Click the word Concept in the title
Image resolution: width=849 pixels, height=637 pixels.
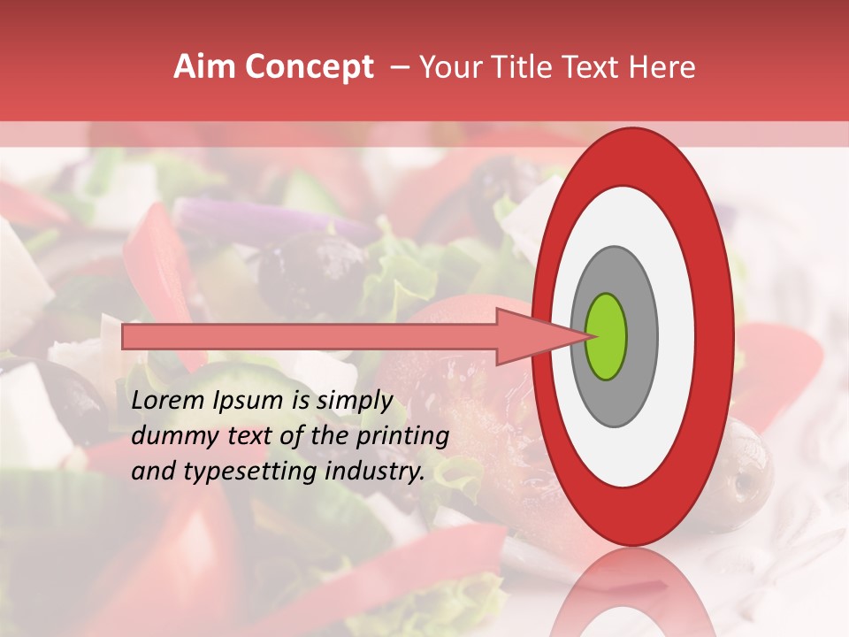(x=310, y=67)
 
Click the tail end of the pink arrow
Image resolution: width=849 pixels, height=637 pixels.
(x=125, y=336)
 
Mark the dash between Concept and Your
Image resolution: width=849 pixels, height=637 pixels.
(x=399, y=67)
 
